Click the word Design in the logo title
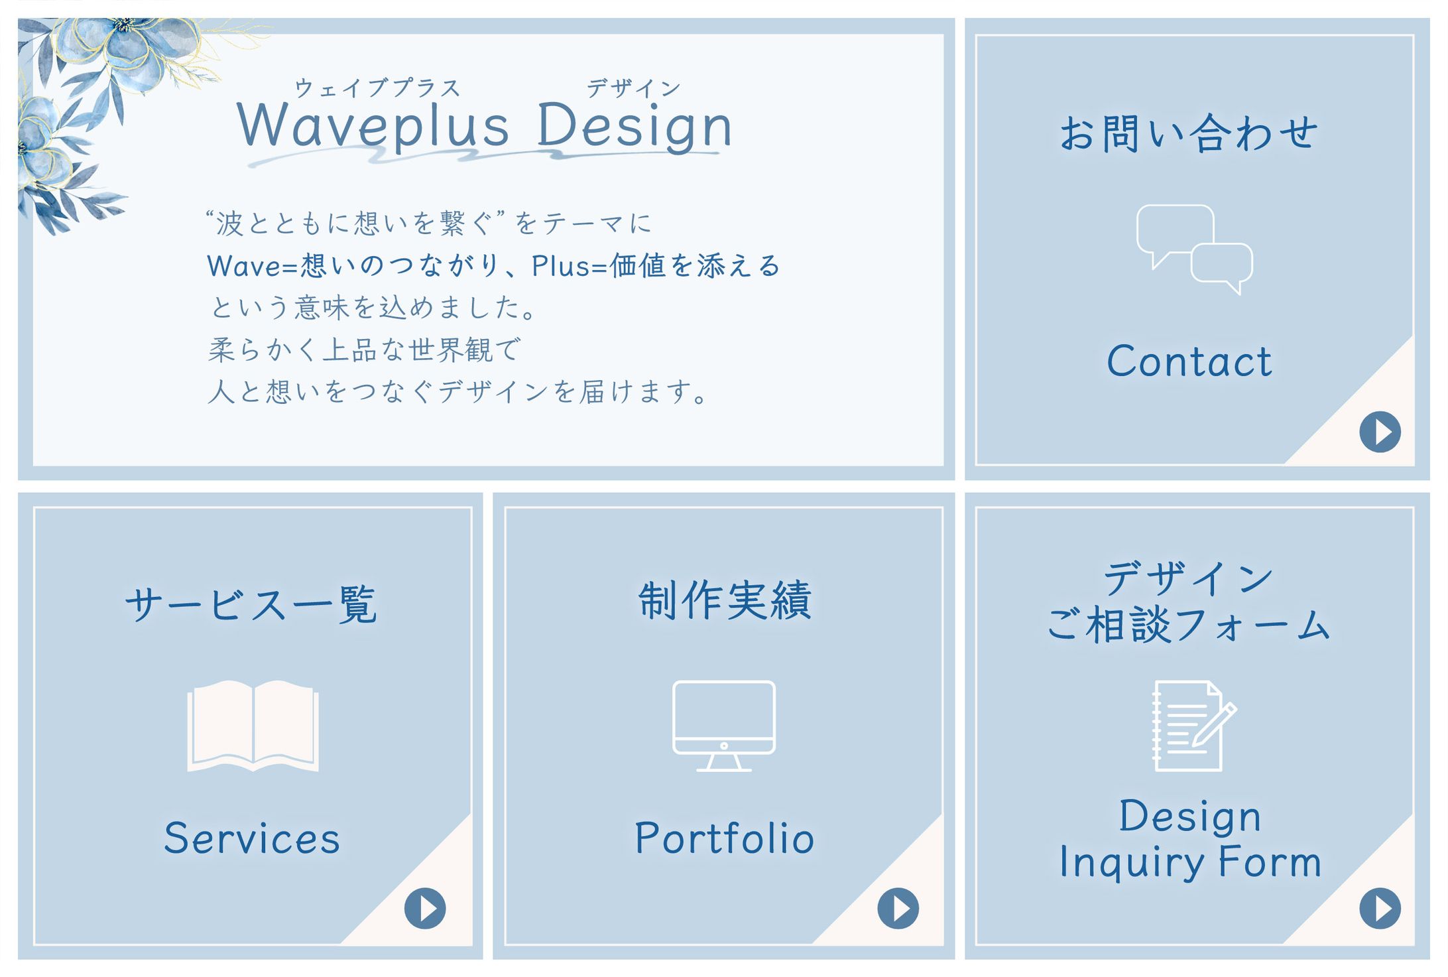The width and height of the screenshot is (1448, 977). click(634, 126)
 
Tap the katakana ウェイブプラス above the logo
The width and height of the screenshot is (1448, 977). click(377, 88)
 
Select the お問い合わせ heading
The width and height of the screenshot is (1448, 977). click(1189, 133)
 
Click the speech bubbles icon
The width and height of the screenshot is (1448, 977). click(1194, 249)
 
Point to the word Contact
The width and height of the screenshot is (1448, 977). click(1189, 361)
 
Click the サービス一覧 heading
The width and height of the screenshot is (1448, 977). click(251, 604)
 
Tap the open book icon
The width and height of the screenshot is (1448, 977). click(253, 726)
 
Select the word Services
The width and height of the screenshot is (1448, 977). click(252, 838)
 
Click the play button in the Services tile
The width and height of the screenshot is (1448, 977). click(425, 908)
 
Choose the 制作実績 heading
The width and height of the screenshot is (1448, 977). click(725, 600)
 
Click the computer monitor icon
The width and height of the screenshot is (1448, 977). click(724, 726)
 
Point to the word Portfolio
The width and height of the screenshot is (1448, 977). click(725, 838)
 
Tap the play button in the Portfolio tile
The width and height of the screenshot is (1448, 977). click(898, 908)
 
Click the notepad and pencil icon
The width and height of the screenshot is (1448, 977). click(1193, 726)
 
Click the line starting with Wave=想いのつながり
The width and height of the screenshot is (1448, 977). click(494, 265)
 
